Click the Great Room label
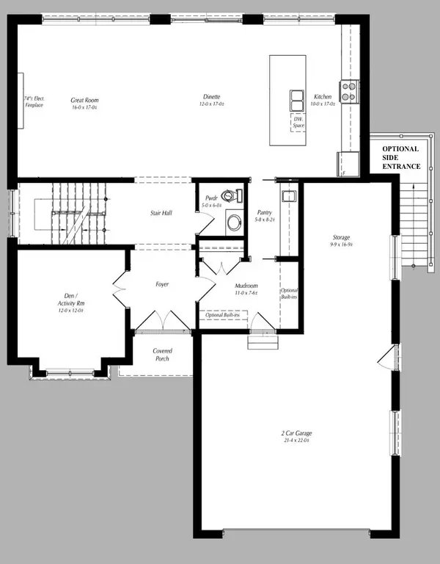[x=85, y=104]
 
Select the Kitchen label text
[x=323, y=101]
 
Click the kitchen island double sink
[x=297, y=98]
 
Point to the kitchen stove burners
[x=348, y=90]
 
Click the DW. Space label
[x=298, y=123]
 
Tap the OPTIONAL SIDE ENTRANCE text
[x=401, y=157]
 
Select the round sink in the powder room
[x=233, y=223]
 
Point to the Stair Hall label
[x=161, y=213]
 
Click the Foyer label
[x=163, y=283]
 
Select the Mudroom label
[x=245, y=289]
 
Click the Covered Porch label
[x=162, y=355]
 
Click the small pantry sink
[x=288, y=195]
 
